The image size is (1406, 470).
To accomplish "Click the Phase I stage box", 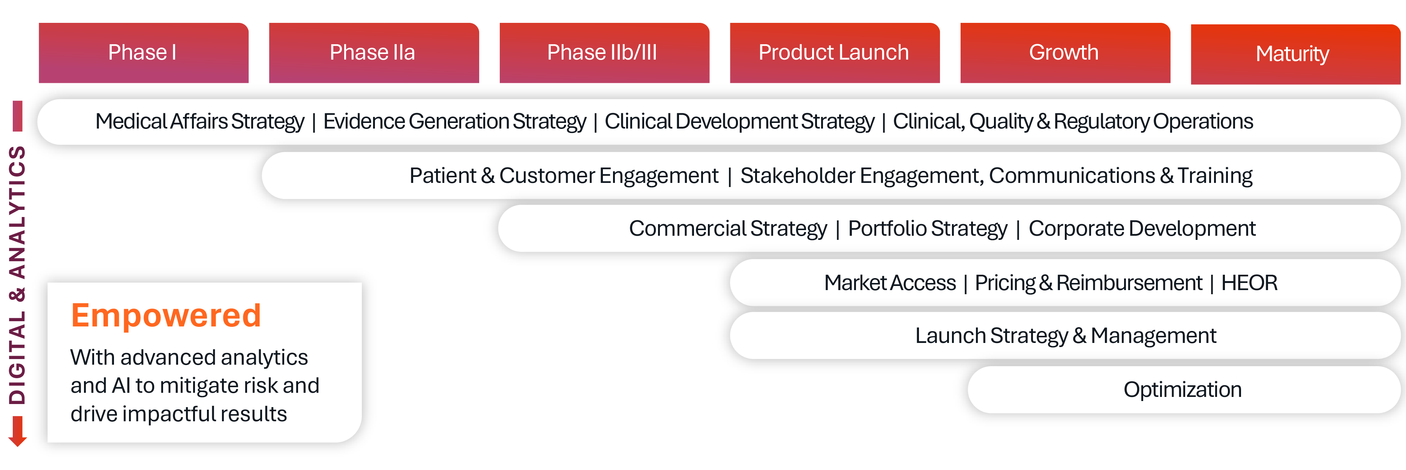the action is click(144, 53).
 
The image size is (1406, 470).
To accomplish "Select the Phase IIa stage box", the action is click(374, 53).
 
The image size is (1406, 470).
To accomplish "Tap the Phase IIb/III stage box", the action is click(604, 53).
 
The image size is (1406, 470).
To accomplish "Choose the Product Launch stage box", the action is click(835, 53).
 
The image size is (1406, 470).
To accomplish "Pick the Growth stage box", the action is click(1065, 53).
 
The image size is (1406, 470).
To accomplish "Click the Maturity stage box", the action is click(1295, 54).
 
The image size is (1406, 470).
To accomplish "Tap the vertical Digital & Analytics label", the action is click(18, 275).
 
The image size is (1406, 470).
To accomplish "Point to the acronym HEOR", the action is click(1249, 283).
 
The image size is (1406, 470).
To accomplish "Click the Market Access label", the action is click(890, 283).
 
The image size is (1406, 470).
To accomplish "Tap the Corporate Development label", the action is click(1142, 229).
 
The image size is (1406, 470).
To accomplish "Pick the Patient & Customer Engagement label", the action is click(564, 176).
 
